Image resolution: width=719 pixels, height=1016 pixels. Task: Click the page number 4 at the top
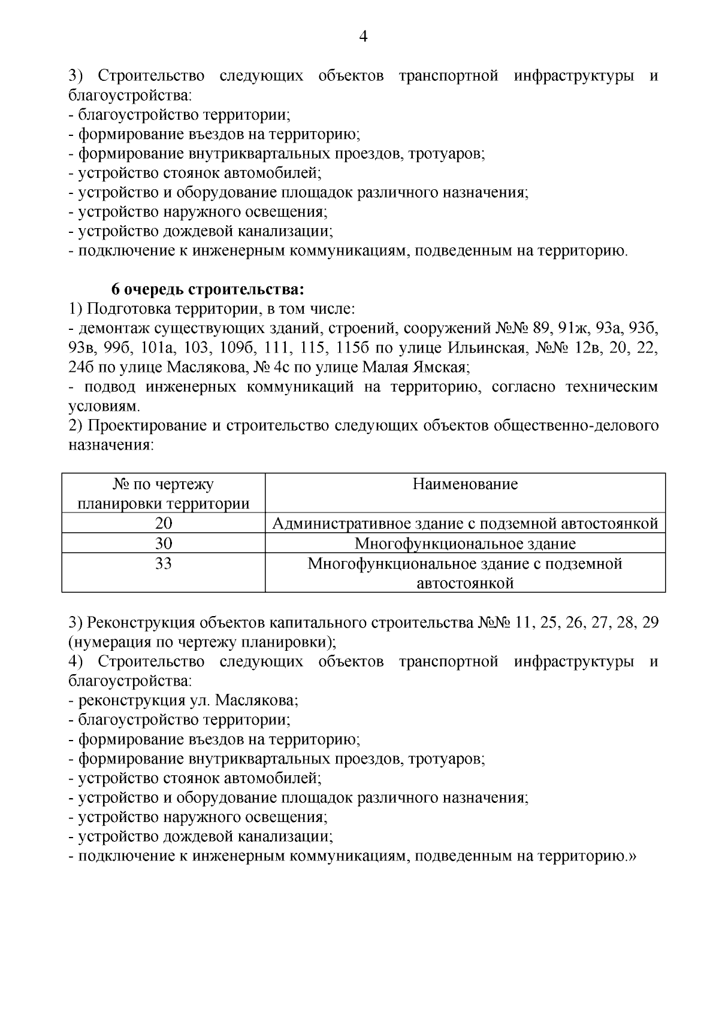(x=363, y=37)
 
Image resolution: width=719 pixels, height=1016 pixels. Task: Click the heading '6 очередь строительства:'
(x=208, y=290)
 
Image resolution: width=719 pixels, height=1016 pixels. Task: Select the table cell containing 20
(x=164, y=524)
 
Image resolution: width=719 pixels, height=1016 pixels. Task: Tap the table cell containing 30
(x=164, y=544)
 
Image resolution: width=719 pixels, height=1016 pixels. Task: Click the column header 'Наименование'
(x=465, y=484)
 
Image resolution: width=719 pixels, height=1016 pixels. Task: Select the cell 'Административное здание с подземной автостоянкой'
(x=465, y=524)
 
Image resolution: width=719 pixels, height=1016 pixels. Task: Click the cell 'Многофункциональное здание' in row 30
(x=465, y=544)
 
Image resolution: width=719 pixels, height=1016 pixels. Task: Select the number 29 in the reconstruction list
(x=649, y=622)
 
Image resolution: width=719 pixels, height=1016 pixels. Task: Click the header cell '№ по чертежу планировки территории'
(x=164, y=493)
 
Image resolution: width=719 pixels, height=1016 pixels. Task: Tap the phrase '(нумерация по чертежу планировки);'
(x=203, y=642)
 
